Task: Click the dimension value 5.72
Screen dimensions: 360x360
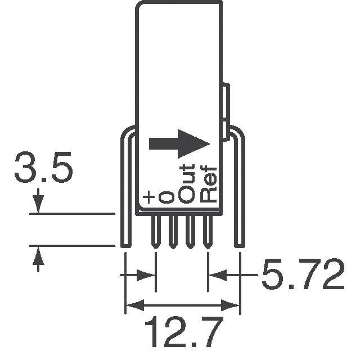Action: (301, 276)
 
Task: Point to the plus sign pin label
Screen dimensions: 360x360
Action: (148, 197)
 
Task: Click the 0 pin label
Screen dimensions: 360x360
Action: (166, 196)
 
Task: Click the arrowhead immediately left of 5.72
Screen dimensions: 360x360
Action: (216, 276)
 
